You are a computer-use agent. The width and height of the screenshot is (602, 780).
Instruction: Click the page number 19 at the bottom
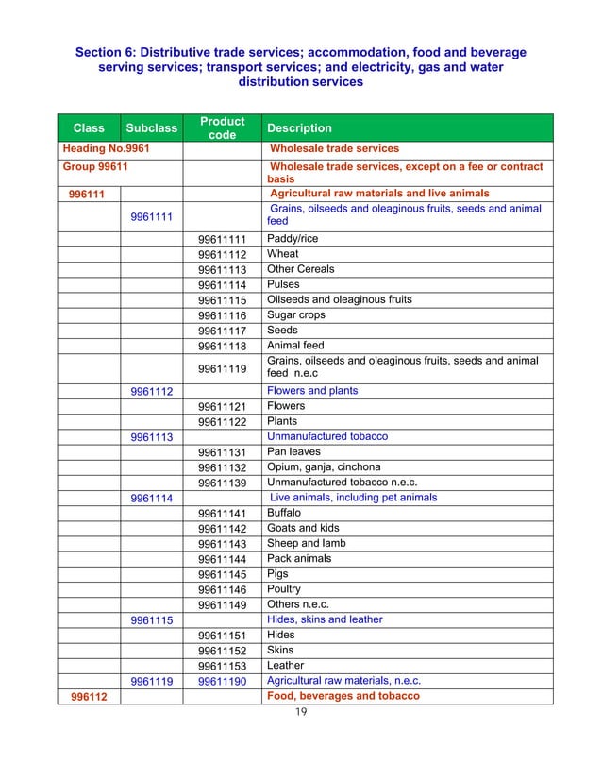(x=301, y=711)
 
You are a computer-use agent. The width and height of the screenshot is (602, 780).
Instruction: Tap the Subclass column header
(x=151, y=127)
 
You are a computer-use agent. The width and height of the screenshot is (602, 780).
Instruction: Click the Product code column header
(x=222, y=127)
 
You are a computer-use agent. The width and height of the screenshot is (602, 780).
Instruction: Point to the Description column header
(x=300, y=127)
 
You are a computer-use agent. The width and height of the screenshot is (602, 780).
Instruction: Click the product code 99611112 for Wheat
(x=222, y=255)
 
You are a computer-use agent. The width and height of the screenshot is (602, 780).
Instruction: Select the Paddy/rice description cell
(x=293, y=239)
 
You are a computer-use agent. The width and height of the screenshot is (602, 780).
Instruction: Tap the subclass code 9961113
(x=151, y=437)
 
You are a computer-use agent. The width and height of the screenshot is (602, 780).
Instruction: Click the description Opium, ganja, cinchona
(x=324, y=467)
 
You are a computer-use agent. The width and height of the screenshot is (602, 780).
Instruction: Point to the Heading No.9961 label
(x=108, y=148)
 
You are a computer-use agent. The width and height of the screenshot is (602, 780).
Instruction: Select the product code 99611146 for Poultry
(x=222, y=589)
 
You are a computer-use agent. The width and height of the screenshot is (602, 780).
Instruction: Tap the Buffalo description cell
(x=284, y=513)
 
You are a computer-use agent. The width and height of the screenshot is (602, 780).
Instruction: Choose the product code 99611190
(x=222, y=681)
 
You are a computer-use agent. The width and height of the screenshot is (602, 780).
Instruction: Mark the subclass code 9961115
(x=151, y=620)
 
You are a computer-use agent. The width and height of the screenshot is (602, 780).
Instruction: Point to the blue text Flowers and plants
(x=312, y=391)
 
